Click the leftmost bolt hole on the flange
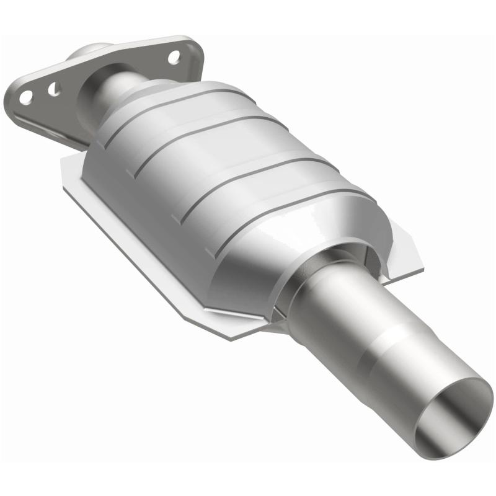pos(25,97)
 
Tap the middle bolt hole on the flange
pos(55,89)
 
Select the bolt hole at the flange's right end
pos(174,58)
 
